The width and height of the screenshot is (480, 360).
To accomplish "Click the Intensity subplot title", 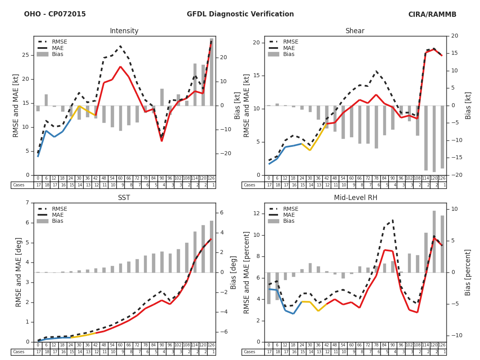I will [124, 31].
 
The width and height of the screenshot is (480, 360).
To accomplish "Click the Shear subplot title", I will [355, 31].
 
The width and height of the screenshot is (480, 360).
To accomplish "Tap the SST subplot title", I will [124, 198].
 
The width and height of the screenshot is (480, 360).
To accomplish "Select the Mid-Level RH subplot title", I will [355, 198].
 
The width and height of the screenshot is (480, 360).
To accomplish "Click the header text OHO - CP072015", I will [55, 14].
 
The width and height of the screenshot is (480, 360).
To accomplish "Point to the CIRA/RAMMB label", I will [432, 14].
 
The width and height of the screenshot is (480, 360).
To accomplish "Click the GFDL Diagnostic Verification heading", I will [240, 14].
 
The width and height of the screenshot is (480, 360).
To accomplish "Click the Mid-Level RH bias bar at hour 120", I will [434, 242].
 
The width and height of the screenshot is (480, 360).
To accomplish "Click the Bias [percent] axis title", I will [468, 272].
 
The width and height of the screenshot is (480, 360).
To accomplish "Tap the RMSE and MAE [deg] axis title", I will [19, 272].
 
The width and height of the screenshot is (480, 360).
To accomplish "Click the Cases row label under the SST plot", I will [19, 352].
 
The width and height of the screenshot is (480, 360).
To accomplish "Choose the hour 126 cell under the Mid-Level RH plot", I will [442, 345].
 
